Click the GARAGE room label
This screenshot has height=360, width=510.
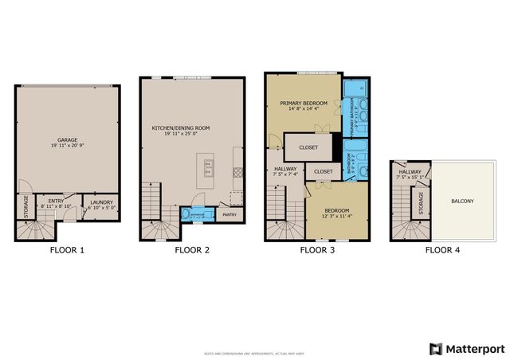tap(67, 140)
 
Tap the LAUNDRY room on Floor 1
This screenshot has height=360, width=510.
tap(102, 204)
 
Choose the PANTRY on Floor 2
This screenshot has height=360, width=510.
tap(229, 214)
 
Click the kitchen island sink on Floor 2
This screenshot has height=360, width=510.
tap(209, 167)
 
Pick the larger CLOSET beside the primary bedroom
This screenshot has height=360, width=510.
tap(308, 147)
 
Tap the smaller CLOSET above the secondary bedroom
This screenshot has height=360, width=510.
tap(323, 171)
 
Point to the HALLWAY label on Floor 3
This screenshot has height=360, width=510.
tap(286, 171)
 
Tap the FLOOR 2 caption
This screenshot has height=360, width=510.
tap(192, 250)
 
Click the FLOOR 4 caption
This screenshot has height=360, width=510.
tap(441, 250)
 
